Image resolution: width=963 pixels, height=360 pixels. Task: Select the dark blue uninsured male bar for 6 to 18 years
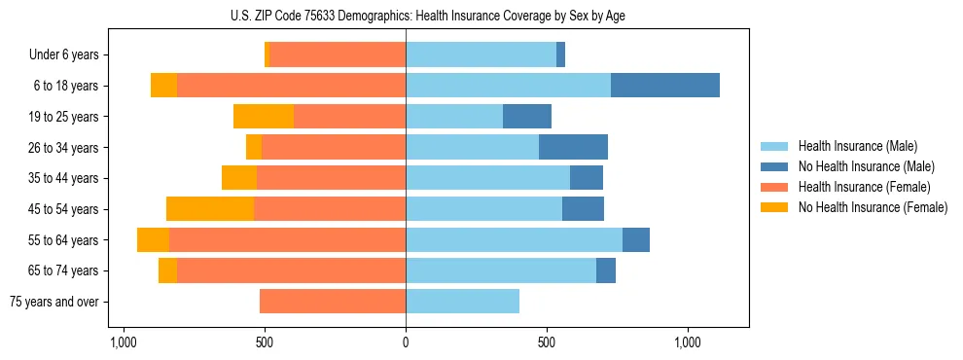665,86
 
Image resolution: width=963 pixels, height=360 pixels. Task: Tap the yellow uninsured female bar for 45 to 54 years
210,209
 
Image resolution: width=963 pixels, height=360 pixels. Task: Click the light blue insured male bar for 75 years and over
462,302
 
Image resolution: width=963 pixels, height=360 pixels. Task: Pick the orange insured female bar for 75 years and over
333,302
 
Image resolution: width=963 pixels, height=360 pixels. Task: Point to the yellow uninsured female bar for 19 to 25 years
264,117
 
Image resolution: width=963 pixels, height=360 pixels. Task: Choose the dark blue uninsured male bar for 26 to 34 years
573,148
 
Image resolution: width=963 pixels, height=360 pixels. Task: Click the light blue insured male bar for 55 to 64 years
514,240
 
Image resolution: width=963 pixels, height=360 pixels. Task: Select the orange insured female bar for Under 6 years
338,55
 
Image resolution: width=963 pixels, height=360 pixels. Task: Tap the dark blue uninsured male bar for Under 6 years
560,55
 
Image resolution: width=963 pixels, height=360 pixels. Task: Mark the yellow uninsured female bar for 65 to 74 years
167,270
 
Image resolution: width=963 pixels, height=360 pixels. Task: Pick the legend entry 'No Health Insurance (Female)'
873,207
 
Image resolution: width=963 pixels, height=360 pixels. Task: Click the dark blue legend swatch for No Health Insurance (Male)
774,166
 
